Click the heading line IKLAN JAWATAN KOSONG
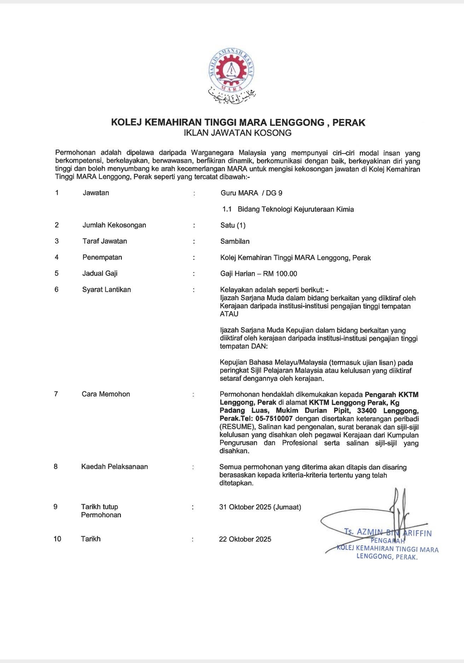click(238, 133)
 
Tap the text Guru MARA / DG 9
click(251, 193)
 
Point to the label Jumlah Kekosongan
click(114, 225)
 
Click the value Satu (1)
click(233, 225)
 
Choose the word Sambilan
click(235, 242)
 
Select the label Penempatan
click(102, 257)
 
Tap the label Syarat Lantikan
click(106, 290)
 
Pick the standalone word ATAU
click(229, 314)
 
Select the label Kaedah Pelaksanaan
click(114, 467)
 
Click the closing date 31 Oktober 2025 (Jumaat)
click(260, 507)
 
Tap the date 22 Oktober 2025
click(245, 539)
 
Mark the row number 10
click(57, 539)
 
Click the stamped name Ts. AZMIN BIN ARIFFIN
click(388, 533)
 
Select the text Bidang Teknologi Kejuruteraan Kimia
click(296, 209)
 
